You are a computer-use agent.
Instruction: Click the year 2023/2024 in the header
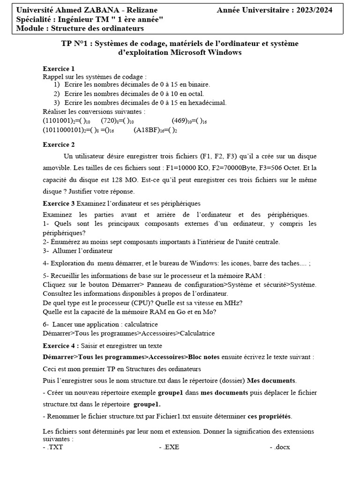313,10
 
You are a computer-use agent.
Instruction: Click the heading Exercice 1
59,68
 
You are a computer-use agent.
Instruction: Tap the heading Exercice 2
59,144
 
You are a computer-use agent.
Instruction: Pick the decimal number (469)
181,120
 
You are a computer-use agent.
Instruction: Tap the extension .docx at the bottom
281,447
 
